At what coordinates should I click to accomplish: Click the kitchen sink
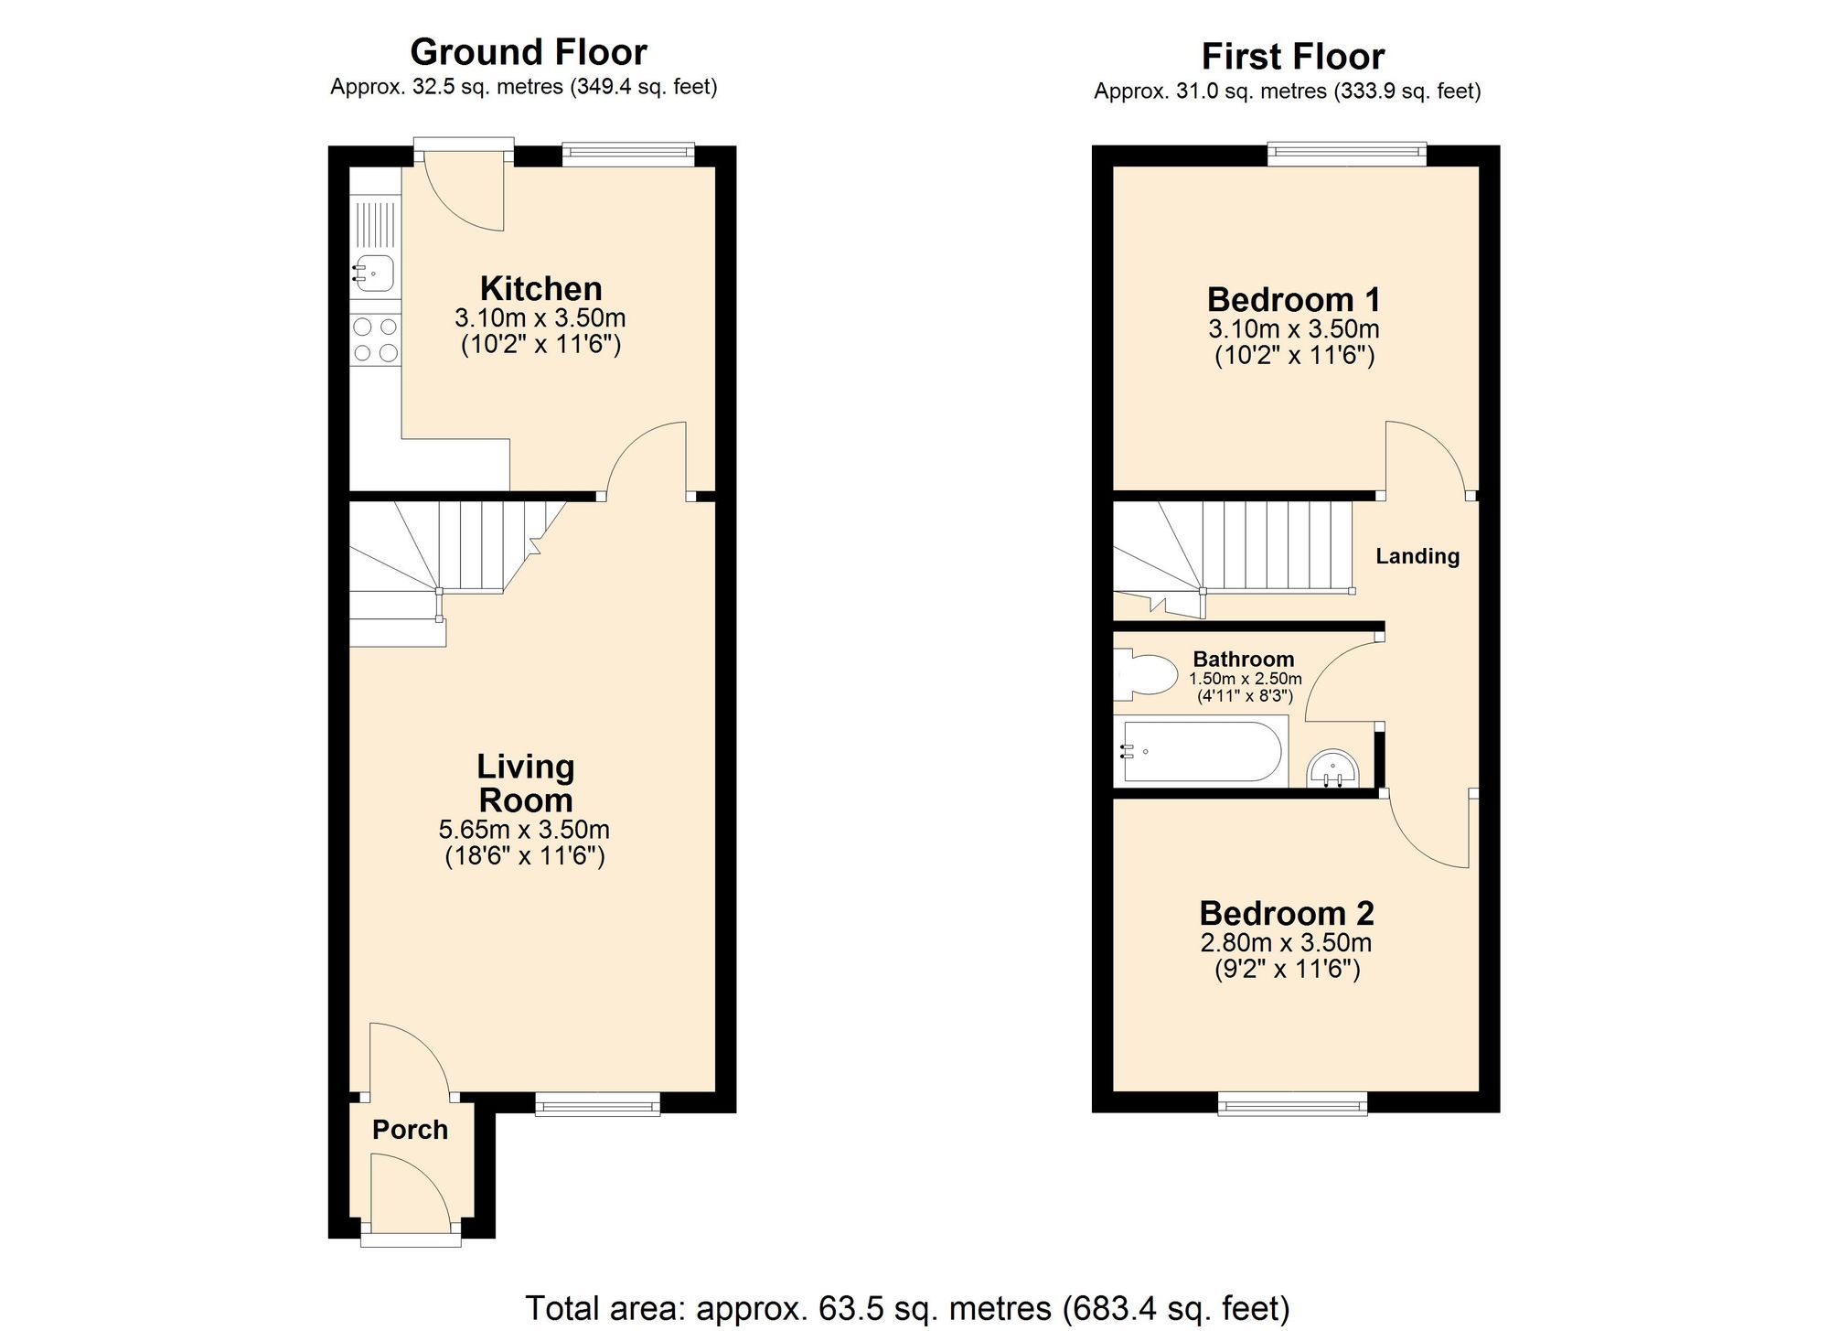pyautogui.click(x=375, y=273)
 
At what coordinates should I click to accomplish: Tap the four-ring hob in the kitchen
pyautogui.click(x=376, y=339)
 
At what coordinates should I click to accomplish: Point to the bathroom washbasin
pyautogui.click(x=1332, y=767)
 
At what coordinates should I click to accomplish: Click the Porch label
pyautogui.click(x=410, y=1130)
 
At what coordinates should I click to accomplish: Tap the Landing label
pyautogui.click(x=1417, y=556)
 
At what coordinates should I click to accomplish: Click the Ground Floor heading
pyautogui.click(x=529, y=52)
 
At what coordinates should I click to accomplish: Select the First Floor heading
pyautogui.click(x=1292, y=57)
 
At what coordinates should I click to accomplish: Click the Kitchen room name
pyautogui.click(x=540, y=289)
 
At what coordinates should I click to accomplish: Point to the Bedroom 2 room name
pyautogui.click(x=1287, y=913)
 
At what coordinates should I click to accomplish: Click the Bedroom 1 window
pyautogui.click(x=1346, y=154)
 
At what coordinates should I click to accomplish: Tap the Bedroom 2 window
pyautogui.click(x=1292, y=1105)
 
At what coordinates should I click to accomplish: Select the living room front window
pyautogui.click(x=597, y=1105)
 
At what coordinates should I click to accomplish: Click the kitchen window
pyautogui.click(x=628, y=154)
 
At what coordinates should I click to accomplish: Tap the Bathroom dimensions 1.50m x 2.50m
pyautogui.click(x=1245, y=679)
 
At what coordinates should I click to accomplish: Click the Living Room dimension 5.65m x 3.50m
pyautogui.click(x=524, y=830)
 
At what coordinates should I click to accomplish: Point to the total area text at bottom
pyautogui.click(x=906, y=1308)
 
